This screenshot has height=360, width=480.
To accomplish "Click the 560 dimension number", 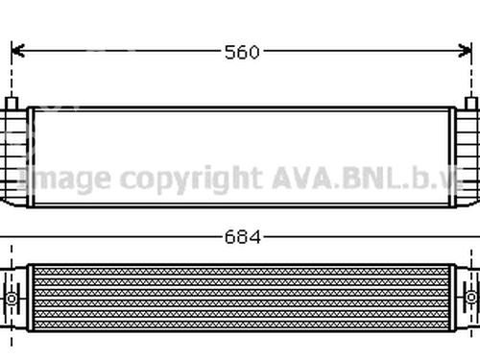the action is (x=242, y=52).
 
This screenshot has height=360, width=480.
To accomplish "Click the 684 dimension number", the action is (x=243, y=237).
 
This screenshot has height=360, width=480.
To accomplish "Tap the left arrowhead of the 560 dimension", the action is (x=17, y=51).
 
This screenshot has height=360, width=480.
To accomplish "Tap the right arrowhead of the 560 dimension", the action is (x=466, y=51).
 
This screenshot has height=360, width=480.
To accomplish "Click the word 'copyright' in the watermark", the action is (x=191, y=180).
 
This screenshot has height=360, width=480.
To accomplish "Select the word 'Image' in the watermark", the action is (x=65, y=179).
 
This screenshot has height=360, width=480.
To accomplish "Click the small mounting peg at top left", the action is (x=12, y=104).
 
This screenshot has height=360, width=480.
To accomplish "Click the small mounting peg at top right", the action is (x=470, y=104).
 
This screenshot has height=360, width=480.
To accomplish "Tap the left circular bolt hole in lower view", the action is (x=12, y=299).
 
